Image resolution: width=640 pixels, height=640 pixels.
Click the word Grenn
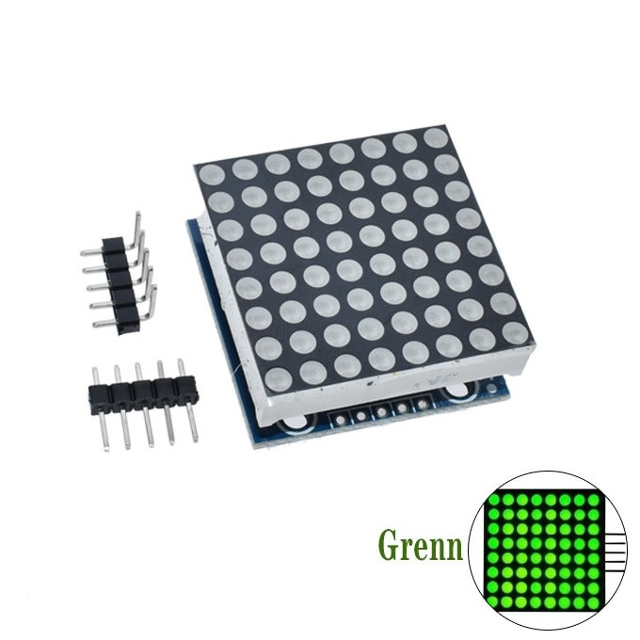[421, 544]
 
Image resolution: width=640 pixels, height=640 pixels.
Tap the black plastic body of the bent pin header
[121, 286]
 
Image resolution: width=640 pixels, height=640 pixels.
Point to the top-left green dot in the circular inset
[495, 499]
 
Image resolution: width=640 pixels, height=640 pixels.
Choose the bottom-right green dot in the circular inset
[594, 603]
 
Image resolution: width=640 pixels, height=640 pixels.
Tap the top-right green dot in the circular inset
[594, 499]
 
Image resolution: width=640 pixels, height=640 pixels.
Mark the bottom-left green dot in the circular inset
[495, 603]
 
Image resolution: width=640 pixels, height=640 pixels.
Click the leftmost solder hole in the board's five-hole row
[340, 419]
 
